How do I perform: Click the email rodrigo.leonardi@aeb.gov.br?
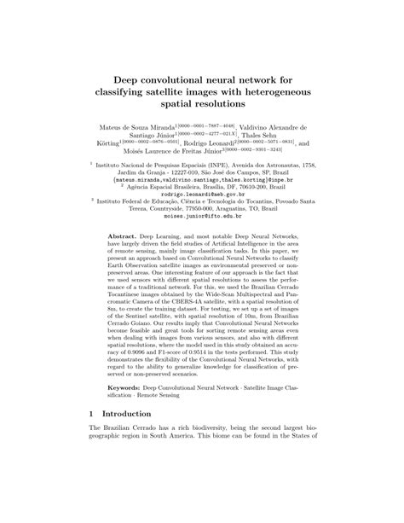coord(202,194)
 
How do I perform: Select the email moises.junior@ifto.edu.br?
coord(202,218)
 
